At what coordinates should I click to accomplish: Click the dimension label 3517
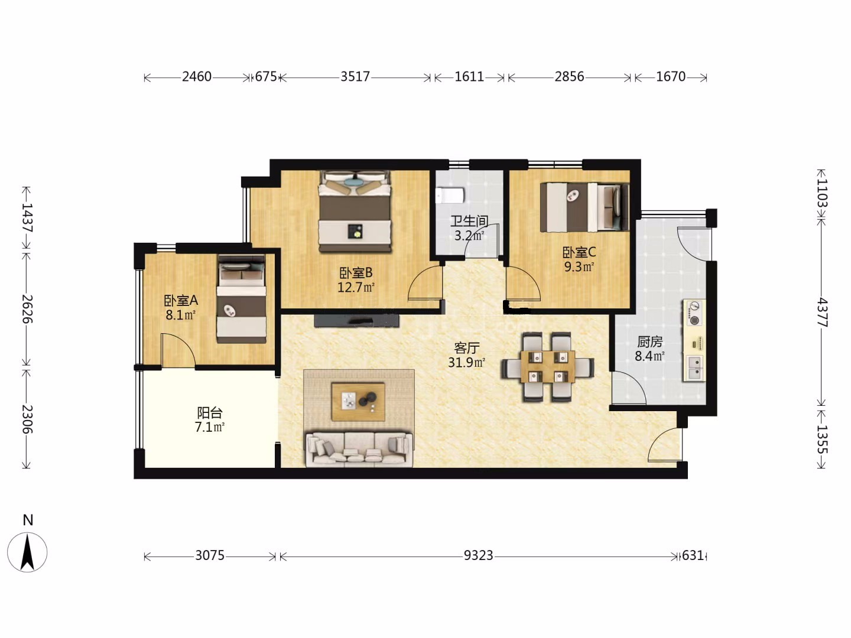[x=355, y=77]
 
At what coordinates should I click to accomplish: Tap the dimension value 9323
[x=479, y=556]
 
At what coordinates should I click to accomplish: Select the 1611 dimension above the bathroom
[x=469, y=77]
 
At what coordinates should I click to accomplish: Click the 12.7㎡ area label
[x=356, y=288]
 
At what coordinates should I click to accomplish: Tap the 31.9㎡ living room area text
[x=466, y=363]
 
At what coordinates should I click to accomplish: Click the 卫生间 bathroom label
[x=469, y=221]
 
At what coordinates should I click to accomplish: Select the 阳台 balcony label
[x=210, y=413]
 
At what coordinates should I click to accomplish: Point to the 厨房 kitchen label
[x=650, y=341]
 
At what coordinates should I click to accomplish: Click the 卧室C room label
[x=579, y=253]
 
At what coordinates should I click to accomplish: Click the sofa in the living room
[x=359, y=450]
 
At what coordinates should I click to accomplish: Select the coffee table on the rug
[x=358, y=402]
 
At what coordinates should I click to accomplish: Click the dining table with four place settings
[x=548, y=366]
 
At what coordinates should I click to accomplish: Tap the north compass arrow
[x=27, y=552]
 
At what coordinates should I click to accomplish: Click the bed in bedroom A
[x=241, y=299]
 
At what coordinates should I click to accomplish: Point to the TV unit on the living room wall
[x=356, y=321]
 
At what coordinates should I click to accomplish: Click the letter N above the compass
[x=28, y=520]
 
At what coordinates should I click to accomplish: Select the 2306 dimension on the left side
[x=27, y=419]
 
